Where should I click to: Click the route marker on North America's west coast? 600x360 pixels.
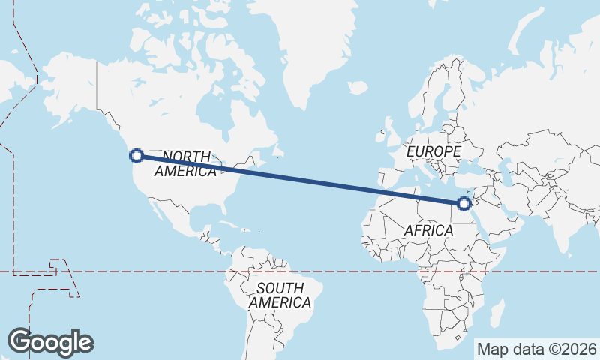[136, 156]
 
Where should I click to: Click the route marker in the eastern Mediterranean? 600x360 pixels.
[464, 203]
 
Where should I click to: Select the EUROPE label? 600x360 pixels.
[433, 151]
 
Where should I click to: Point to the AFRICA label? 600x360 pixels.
[428, 230]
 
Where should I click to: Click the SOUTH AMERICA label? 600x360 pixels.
[280, 295]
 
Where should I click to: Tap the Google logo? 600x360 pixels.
[50, 341]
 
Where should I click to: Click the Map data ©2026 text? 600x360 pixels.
[537, 349]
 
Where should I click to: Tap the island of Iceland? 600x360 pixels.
[358, 88]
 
